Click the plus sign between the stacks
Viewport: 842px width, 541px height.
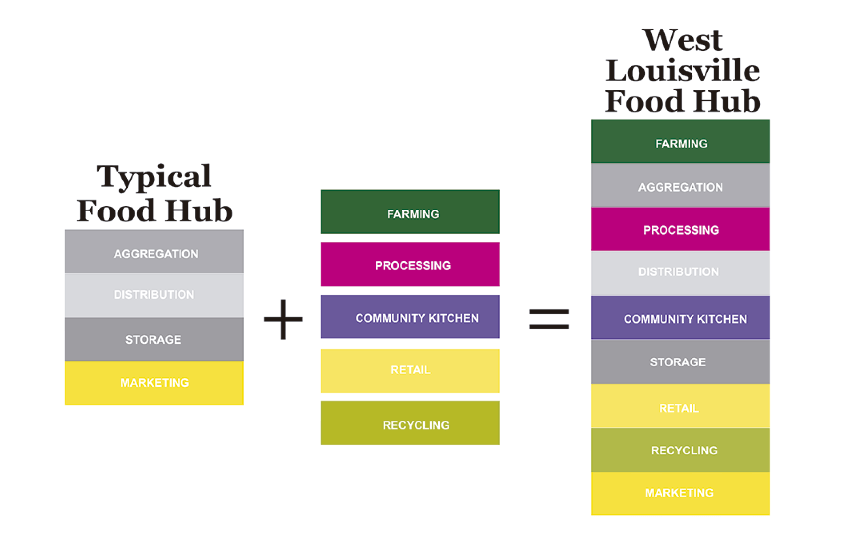283,319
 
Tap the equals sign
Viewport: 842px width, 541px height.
549,319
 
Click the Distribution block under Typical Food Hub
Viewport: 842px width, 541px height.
154,295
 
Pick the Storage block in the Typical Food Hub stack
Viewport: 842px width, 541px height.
154,339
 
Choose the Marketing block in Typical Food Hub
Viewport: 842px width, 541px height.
154,383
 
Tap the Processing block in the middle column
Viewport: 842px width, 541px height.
410,265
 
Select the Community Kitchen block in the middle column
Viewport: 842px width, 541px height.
410,317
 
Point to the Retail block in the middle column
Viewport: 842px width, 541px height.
410,371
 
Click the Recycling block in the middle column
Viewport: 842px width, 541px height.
410,423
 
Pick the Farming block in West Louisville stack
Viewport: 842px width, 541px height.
680,142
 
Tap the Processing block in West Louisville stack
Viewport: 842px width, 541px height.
680,229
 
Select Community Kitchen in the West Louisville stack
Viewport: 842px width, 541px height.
680,318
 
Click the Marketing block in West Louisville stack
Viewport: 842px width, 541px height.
680,493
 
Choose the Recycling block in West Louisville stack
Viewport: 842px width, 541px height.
680,450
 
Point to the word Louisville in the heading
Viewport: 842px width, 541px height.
683,71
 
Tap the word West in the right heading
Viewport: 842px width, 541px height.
683,40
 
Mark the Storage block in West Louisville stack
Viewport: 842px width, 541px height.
680,362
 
